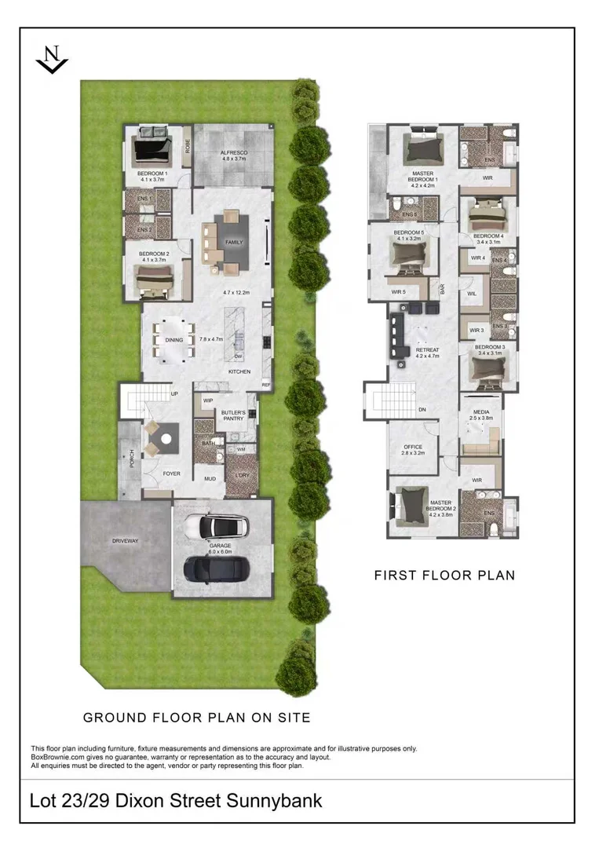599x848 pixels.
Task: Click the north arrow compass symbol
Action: point(53,60)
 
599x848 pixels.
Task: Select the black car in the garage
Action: point(215,568)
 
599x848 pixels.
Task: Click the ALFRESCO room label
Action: point(233,153)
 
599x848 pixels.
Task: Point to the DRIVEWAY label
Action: point(125,540)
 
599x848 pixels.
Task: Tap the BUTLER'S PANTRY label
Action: point(233,415)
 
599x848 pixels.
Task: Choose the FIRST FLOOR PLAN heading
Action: point(444,576)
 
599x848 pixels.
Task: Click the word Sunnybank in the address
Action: point(275,802)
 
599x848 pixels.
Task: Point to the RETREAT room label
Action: point(427,350)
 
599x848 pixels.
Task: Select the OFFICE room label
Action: point(412,448)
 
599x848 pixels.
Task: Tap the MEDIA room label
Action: point(482,412)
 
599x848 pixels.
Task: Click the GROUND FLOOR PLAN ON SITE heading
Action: point(197,717)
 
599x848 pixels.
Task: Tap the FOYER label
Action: point(171,473)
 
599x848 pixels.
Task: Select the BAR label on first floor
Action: point(443,289)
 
